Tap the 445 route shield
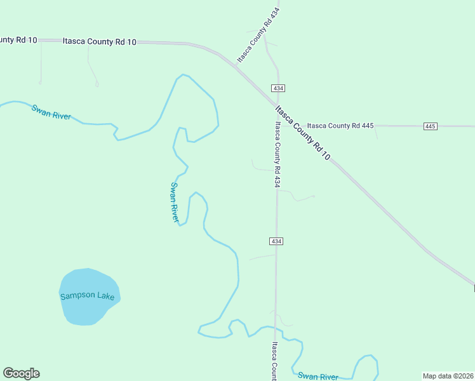coord(431,126)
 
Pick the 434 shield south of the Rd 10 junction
coord(276,241)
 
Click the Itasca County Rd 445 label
coord(340,126)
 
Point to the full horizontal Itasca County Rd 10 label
coord(100,42)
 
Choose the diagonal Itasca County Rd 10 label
coord(303,132)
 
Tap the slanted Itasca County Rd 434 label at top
coord(258,36)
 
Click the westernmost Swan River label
coord(51,112)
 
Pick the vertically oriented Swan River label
coord(174,202)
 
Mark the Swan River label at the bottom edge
coord(318,377)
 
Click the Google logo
coord(21,373)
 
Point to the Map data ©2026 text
coord(448,376)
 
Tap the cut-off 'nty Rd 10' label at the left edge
coord(18,40)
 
